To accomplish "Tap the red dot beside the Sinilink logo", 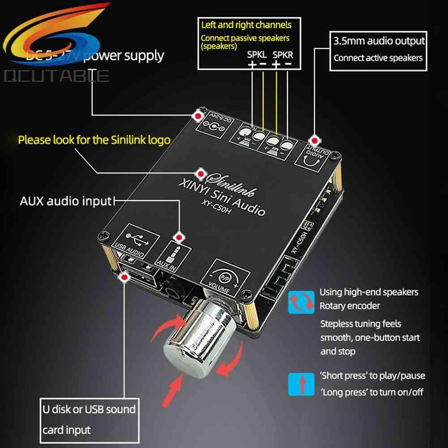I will pyautogui.click(x=202, y=173).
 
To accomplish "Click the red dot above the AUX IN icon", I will pyautogui.click(x=179, y=237).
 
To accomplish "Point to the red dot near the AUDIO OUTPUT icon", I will pyautogui.click(x=315, y=140).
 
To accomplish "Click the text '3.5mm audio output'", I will pyautogui.click(x=379, y=41).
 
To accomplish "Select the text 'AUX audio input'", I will pyautogui.click(x=65, y=201).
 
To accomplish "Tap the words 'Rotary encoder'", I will pyautogui.click(x=350, y=306).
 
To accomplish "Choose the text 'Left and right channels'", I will pyautogui.click(x=246, y=25).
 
